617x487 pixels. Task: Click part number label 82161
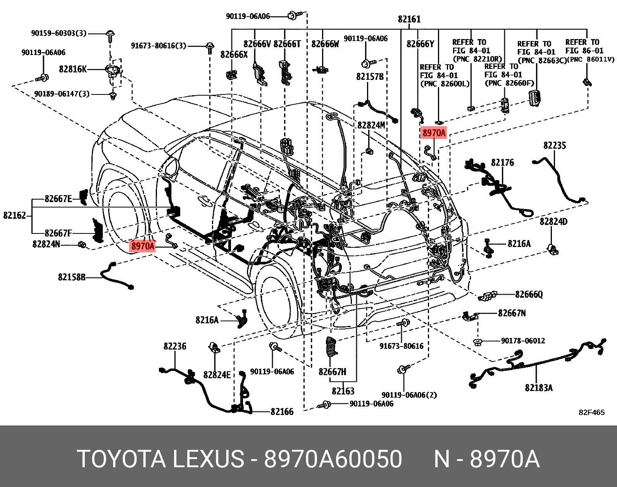pyautogui.click(x=409, y=19)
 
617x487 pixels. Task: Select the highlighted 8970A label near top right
pyautogui.click(x=434, y=133)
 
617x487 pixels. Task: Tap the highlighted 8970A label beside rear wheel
pyautogui.click(x=143, y=246)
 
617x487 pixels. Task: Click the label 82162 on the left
pyautogui.click(x=14, y=215)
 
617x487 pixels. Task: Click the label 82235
pyautogui.click(x=554, y=146)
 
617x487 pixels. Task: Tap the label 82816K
pyautogui.click(x=72, y=69)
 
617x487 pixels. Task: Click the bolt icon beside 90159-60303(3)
pyautogui.click(x=110, y=34)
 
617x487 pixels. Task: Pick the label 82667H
pyautogui.click(x=332, y=372)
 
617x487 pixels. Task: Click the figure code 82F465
pyautogui.click(x=591, y=412)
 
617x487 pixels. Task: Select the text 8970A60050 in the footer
pyautogui.click(x=333, y=459)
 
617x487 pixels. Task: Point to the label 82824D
pyautogui.click(x=553, y=221)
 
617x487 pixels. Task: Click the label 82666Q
pyautogui.click(x=529, y=295)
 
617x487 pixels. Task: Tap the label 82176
pyautogui.click(x=502, y=163)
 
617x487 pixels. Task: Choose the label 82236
pyautogui.click(x=175, y=346)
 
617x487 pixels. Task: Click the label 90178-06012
pyautogui.click(x=523, y=341)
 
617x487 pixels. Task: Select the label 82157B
pyautogui.click(x=370, y=77)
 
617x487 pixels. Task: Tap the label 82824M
pyautogui.click(x=371, y=125)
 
